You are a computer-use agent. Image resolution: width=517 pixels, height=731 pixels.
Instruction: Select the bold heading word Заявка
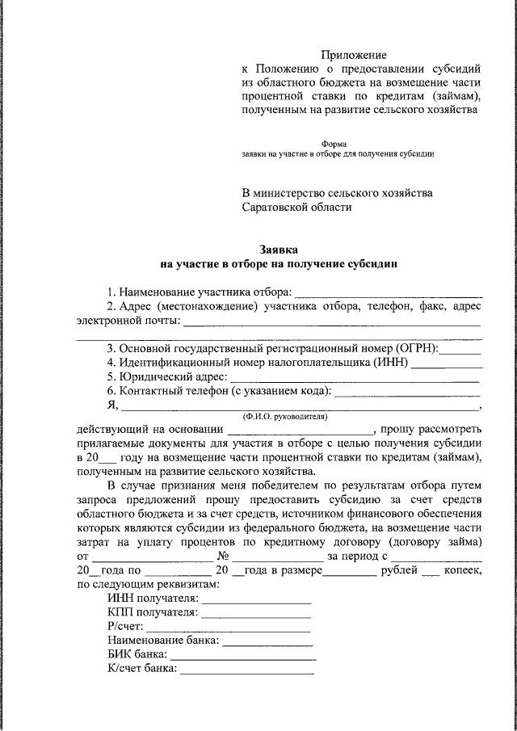[x=279, y=250]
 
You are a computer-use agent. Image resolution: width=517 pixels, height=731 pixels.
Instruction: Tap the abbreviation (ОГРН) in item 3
[x=417, y=348]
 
